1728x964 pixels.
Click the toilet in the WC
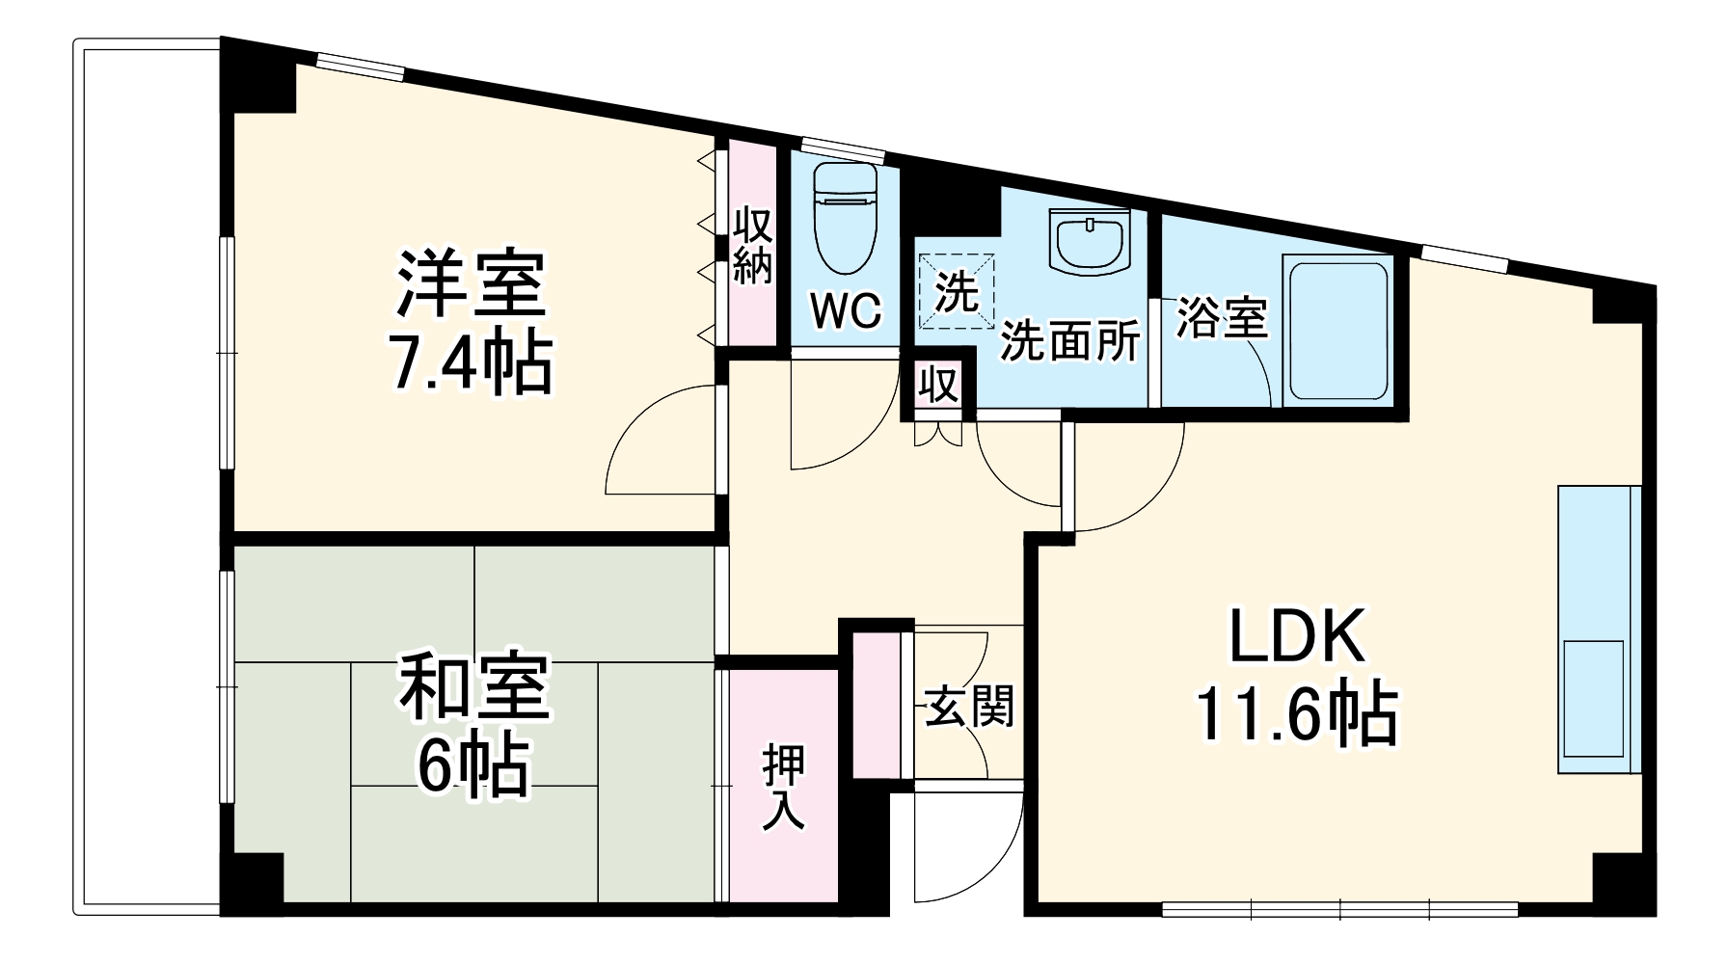(x=845, y=220)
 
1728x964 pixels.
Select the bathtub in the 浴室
(x=1336, y=330)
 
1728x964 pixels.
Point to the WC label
(x=845, y=310)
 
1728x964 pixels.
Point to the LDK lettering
(x=1296, y=636)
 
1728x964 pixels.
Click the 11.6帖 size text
(x=1296, y=714)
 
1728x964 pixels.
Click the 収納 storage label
(x=752, y=246)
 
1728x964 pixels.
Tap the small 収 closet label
(x=937, y=386)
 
